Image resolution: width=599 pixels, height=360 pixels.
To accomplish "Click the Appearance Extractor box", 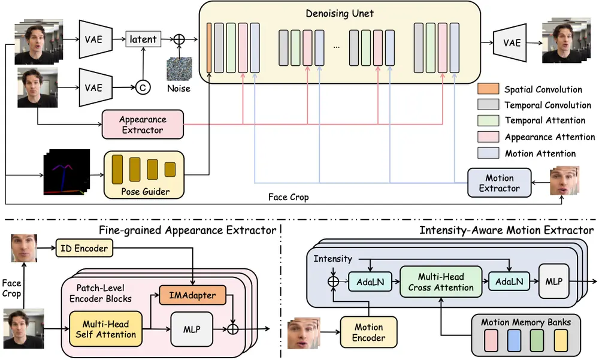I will (142, 125).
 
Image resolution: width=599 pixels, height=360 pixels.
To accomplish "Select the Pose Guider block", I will (144, 174).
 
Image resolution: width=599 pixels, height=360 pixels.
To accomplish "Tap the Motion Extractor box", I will (499, 183).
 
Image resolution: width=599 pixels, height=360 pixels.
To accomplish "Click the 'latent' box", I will (143, 40).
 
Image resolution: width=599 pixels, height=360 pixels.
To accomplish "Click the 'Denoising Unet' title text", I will (340, 13).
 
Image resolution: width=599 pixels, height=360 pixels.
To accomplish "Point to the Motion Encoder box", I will (368, 332).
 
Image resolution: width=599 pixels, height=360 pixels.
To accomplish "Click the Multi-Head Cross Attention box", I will (441, 283).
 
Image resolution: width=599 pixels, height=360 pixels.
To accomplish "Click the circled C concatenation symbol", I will (143, 87).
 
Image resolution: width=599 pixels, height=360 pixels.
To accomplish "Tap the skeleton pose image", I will (66, 173).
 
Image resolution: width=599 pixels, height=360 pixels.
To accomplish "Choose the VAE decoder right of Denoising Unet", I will (512, 43).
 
